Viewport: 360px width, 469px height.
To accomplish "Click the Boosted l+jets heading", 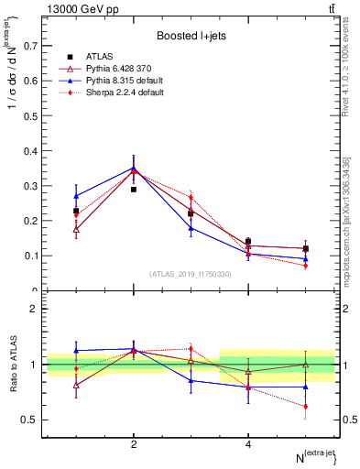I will [x=191, y=36].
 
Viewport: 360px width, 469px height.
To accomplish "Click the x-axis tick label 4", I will [x=248, y=444].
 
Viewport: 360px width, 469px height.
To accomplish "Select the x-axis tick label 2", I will [x=134, y=444].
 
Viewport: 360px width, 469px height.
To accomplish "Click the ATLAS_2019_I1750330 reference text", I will [x=191, y=274].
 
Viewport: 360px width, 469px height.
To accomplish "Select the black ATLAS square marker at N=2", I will [x=134, y=189].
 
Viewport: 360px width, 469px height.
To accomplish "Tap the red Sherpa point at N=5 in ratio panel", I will [x=305, y=406].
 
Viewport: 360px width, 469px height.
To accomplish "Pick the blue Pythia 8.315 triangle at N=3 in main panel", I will [x=191, y=228].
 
